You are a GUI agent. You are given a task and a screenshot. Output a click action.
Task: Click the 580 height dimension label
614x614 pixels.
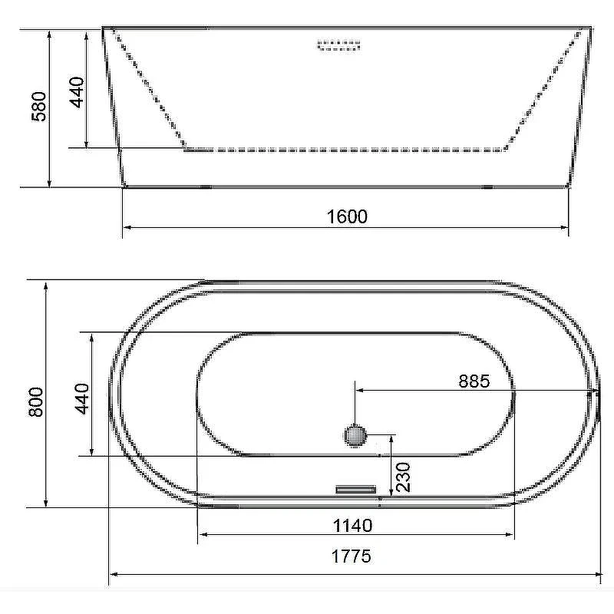(x=39, y=106)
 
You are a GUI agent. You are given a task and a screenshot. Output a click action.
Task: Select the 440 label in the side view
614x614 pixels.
(x=77, y=92)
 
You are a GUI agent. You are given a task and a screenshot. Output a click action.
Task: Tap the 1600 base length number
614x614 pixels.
(x=347, y=216)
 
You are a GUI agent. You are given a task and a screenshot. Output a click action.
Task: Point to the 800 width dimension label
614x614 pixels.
(x=36, y=401)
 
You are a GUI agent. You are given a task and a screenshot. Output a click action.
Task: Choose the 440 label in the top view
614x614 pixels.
(x=82, y=398)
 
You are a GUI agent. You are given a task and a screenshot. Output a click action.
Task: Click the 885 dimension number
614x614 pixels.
(x=474, y=381)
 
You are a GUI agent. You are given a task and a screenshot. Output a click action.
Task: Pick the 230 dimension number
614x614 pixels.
(x=404, y=477)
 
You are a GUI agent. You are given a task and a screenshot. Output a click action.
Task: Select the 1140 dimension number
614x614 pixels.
(x=352, y=526)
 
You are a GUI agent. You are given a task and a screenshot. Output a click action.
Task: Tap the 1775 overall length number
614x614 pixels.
(x=352, y=556)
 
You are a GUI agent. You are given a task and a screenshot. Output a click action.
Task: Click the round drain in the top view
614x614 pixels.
(x=355, y=435)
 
